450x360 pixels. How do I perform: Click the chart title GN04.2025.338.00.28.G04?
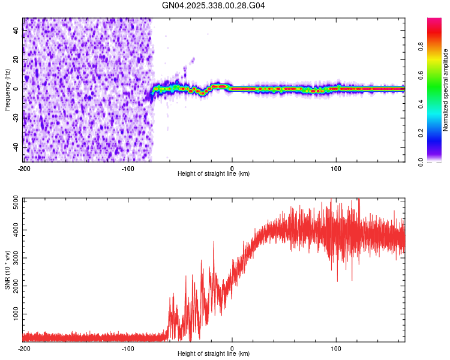click(214, 5)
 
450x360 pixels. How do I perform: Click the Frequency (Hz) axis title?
click(7, 90)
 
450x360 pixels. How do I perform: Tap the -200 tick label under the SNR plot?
click(24, 348)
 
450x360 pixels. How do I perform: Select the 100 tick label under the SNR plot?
click(336, 348)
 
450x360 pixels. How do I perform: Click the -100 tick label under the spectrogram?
click(128, 168)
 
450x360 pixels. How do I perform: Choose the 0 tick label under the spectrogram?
click(232, 168)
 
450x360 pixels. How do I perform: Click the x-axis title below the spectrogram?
click(214, 174)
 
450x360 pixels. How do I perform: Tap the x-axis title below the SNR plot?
click(214, 354)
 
